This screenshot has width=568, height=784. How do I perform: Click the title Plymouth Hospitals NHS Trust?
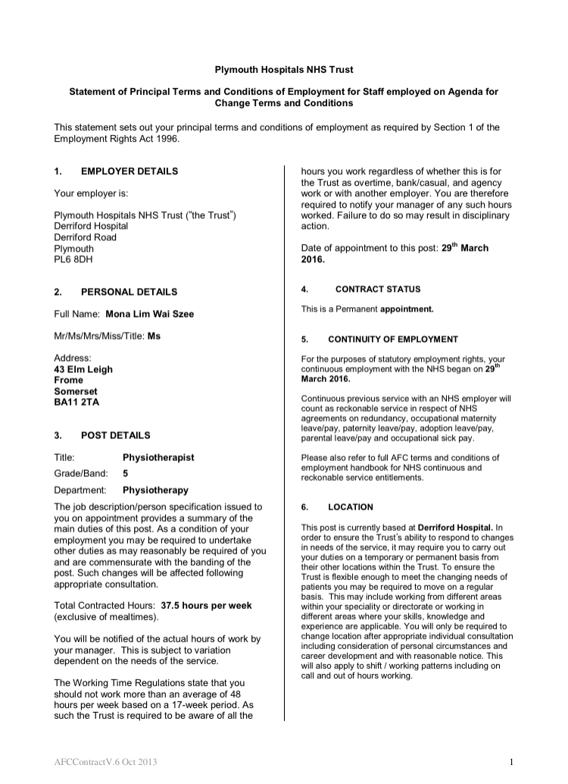284,70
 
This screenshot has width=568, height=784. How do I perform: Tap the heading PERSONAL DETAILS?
130,292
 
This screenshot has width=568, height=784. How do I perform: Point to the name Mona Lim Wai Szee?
150,314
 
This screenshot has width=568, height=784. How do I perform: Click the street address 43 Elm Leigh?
83,369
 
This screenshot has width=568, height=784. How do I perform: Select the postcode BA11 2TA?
76,403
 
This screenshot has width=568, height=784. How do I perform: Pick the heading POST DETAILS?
116,436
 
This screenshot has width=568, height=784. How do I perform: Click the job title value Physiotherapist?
158,457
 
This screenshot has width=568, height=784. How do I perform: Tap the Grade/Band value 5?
125,473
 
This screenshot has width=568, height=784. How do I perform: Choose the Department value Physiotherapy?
155,490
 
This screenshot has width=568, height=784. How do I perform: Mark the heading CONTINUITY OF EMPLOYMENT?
392,339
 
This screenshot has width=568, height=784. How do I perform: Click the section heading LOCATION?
351,506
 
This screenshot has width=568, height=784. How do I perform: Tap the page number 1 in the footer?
511,762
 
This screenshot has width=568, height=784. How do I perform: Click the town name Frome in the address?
68,381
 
